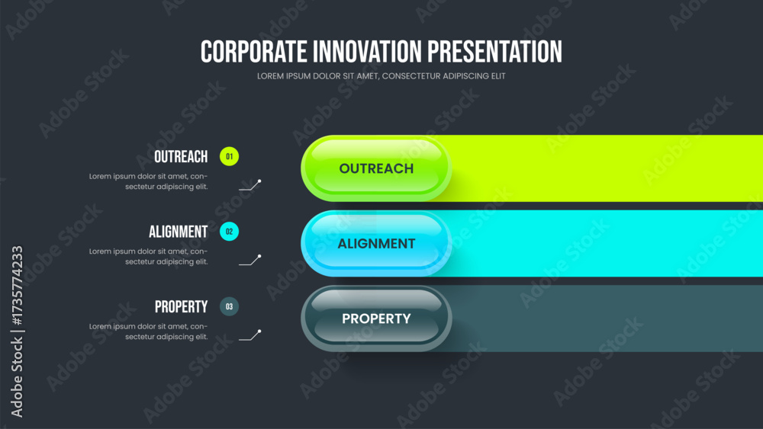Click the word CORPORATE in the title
click(253, 52)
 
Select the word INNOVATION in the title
click(367, 52)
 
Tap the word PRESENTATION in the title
click(495, 52)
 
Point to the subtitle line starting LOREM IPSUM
click(381, 76)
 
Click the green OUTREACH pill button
click(376, 168)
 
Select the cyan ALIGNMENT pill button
click(376, 243)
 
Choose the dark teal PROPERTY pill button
click(376, 319)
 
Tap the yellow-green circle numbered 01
click(229, 156)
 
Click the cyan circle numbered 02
click(229, 232)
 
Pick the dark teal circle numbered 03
click(229, 306)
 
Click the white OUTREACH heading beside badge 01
click(181, 157)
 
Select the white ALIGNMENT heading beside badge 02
click(178, 232)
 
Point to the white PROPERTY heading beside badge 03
click(181, 307)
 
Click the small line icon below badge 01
click(250, 185)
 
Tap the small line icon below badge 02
click(250, 261)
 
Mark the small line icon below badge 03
click(250, 335)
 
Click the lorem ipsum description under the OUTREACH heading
click(149, 181)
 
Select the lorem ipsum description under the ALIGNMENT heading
click(149, 257)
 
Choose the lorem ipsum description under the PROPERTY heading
click(149, 331)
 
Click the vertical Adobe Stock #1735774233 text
click(17, 331)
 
